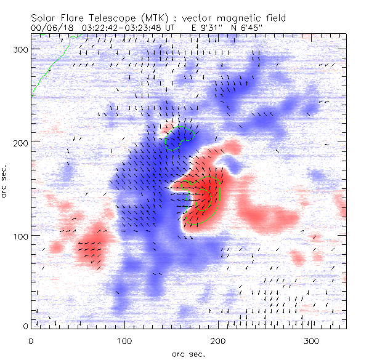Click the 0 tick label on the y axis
(25, 326)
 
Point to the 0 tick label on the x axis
(31, 340)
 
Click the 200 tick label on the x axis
(217, 340)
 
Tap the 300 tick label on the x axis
(311, 340)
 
